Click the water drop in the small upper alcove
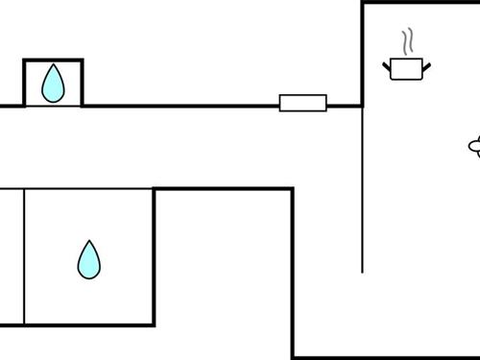pos(53,84)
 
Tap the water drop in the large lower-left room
pos(89,260)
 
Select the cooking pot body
pos(407,69)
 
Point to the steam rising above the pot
pos(409,41)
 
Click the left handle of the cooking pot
pos(388,65)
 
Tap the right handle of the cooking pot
pos(426,65)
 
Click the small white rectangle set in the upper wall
pos(303,103)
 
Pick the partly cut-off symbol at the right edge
pos(474,147)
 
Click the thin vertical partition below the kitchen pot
pos(363,192)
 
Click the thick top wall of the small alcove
pos(53,60)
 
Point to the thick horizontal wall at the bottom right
pos(384,357)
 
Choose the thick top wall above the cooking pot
pos(420,3)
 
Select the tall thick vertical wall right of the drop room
pos(292,274)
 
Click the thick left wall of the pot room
pos(363,53)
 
